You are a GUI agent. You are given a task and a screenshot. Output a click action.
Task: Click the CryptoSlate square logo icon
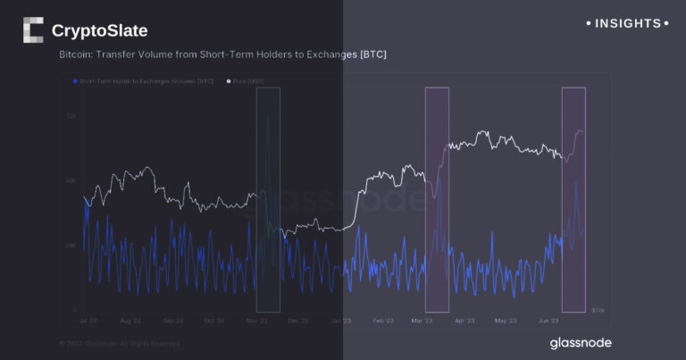[33, 30]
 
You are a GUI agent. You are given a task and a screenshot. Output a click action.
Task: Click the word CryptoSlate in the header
[100, 31]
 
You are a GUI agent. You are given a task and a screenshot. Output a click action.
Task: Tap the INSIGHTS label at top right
[626, 23]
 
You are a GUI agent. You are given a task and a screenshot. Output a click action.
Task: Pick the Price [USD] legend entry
[246, 81]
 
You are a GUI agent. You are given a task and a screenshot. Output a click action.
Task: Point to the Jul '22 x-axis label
[88, 320]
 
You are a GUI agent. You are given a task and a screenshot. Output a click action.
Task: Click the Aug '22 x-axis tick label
[130, 320]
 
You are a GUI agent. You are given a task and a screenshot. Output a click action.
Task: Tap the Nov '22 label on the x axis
[256, 320]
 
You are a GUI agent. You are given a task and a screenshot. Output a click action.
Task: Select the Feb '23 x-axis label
[382, 320]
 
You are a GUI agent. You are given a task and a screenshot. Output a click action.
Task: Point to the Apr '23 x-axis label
[464, 320]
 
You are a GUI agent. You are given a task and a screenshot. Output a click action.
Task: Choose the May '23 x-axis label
[506, 320]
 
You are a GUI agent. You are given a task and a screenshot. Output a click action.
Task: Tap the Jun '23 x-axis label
[548, 320]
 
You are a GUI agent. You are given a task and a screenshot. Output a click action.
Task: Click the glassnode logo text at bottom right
[580, 342]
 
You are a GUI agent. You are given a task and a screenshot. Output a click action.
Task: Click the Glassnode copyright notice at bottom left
[119, 342]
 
